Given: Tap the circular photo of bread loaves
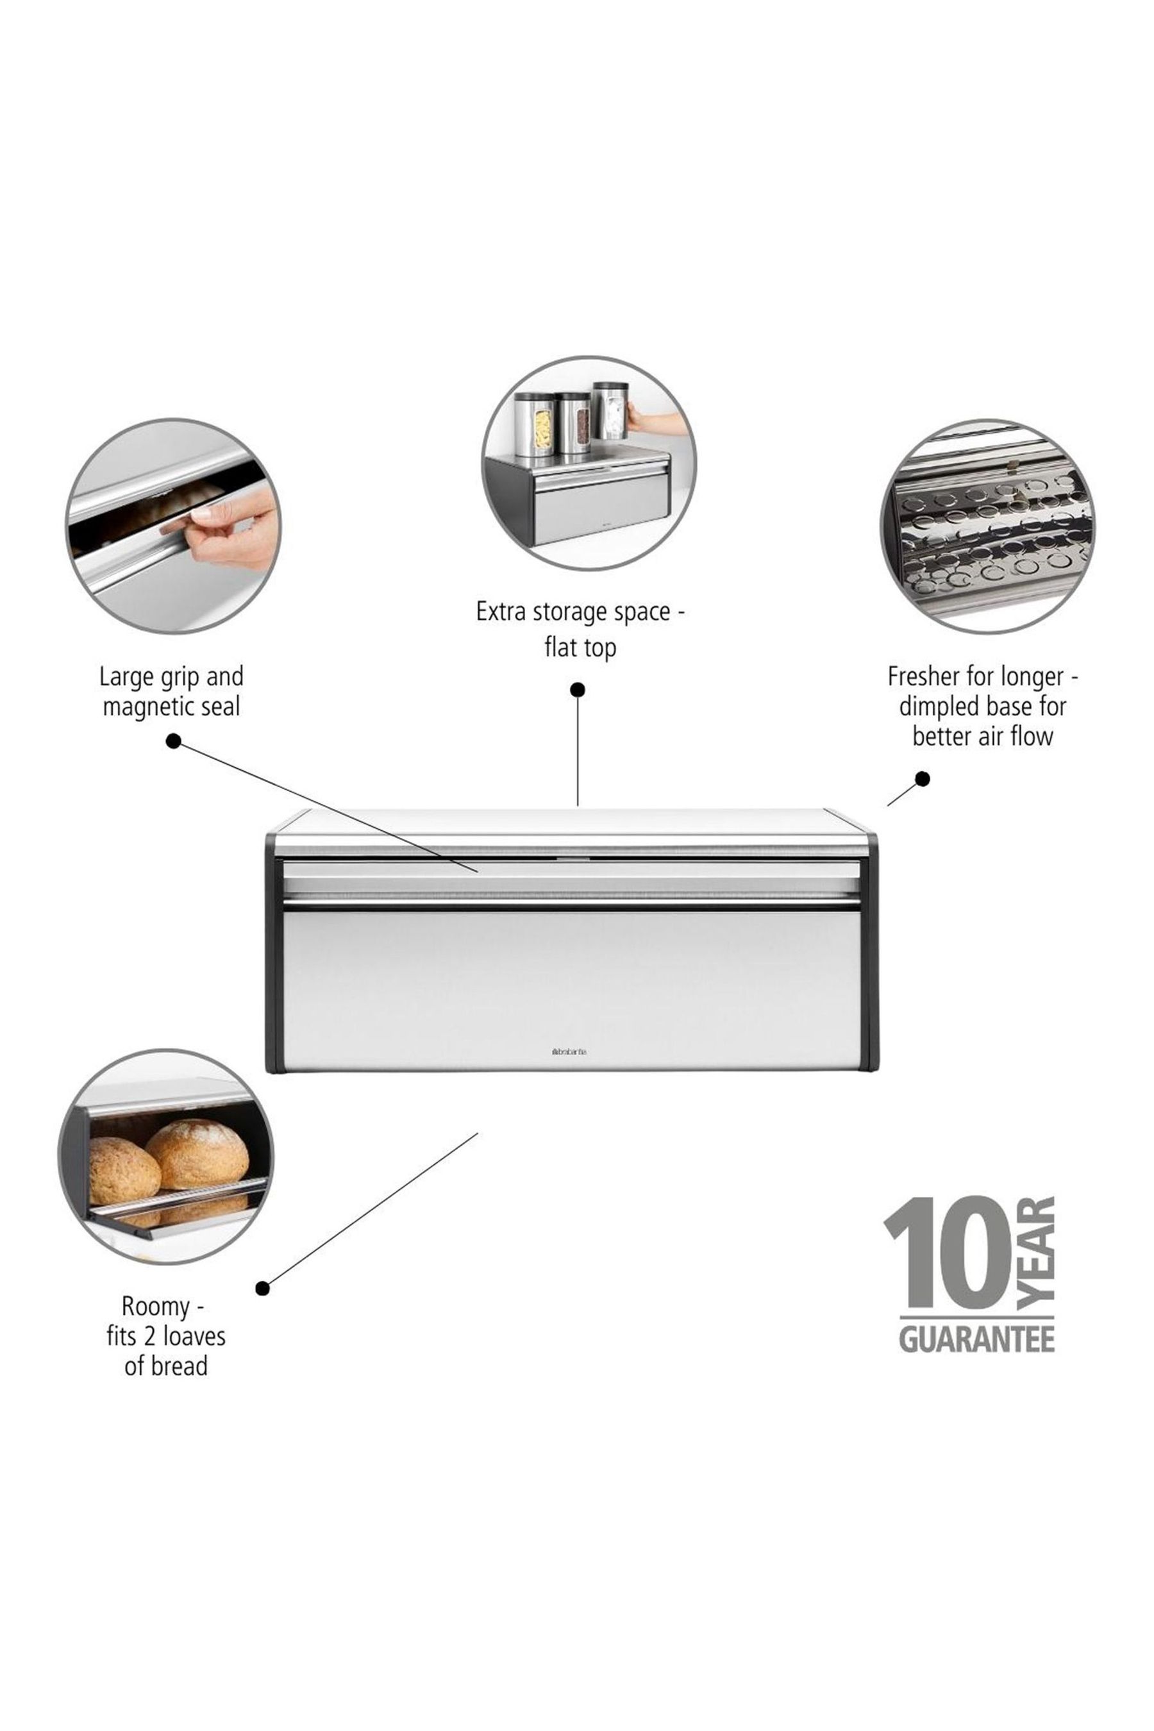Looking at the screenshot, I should coord(165,1156).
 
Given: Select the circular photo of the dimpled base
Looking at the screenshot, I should coord(987,526).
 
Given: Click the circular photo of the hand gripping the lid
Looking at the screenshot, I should coord(173,526).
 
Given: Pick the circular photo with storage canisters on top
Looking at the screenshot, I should coord(589,463).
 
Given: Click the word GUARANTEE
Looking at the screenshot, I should coord(976,1339).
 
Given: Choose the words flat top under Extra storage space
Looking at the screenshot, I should coord(580,648).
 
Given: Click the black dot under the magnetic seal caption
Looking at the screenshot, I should coord(174,741).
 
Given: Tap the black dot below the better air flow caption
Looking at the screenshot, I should coord(922,779).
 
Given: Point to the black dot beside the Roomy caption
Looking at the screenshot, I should coord(263,1288).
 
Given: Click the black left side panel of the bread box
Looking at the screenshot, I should coord(273,953).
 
